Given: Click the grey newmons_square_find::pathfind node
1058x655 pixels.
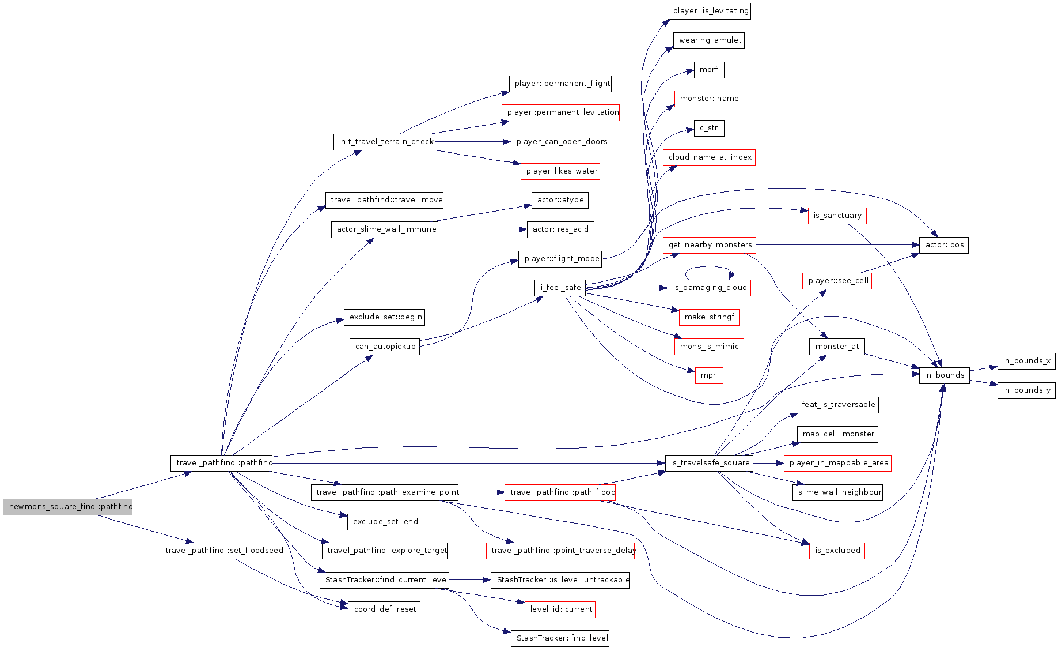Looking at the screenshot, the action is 67,507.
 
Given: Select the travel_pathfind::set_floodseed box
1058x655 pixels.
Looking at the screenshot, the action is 222,551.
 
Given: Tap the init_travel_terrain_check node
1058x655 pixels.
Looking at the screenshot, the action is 384,142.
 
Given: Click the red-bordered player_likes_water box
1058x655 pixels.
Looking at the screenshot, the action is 560,171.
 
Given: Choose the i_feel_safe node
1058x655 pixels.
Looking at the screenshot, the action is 560,288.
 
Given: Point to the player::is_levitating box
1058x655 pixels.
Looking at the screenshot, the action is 709,11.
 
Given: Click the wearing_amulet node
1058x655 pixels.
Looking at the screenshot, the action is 709,40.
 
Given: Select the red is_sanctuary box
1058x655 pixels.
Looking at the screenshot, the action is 837,216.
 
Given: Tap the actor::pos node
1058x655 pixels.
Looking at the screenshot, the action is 944,245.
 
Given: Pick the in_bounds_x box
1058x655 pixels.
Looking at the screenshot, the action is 1026,361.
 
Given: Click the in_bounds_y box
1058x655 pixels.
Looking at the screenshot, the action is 1026,390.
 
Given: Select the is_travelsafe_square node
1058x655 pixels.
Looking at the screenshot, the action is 709,463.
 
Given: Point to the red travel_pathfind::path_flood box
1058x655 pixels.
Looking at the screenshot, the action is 560,492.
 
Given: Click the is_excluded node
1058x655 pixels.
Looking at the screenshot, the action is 837,551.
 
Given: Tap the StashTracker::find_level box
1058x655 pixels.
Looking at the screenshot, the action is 560,638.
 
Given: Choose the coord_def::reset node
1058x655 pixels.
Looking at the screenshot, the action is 384,609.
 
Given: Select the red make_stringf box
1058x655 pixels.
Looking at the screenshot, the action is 709,317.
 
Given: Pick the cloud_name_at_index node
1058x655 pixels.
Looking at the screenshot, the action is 709,157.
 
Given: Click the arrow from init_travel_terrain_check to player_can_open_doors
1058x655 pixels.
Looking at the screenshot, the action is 473,142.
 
